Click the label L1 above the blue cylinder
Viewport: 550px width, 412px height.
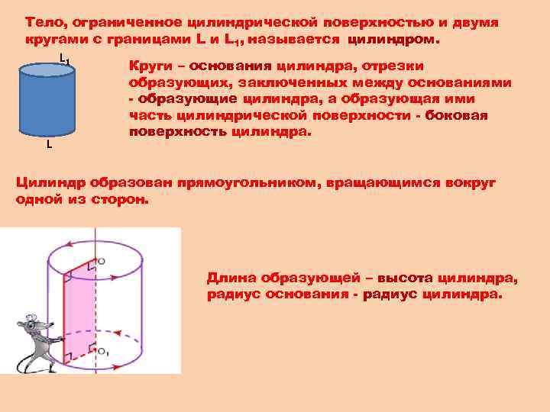pyautogui.click(x=64, y=59)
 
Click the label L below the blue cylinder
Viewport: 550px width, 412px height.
pyautogui.click(x=49, y=145)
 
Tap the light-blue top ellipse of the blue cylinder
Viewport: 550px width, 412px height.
pyautogui.click(x=46, y=71)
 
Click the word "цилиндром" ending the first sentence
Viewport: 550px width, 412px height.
pyautogui.click(x=403, y=38)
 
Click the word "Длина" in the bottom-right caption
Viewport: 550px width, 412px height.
pyautogui.click(x=231, y=279)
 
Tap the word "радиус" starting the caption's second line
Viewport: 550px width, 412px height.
pyautogui.click(x=234, y=295)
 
